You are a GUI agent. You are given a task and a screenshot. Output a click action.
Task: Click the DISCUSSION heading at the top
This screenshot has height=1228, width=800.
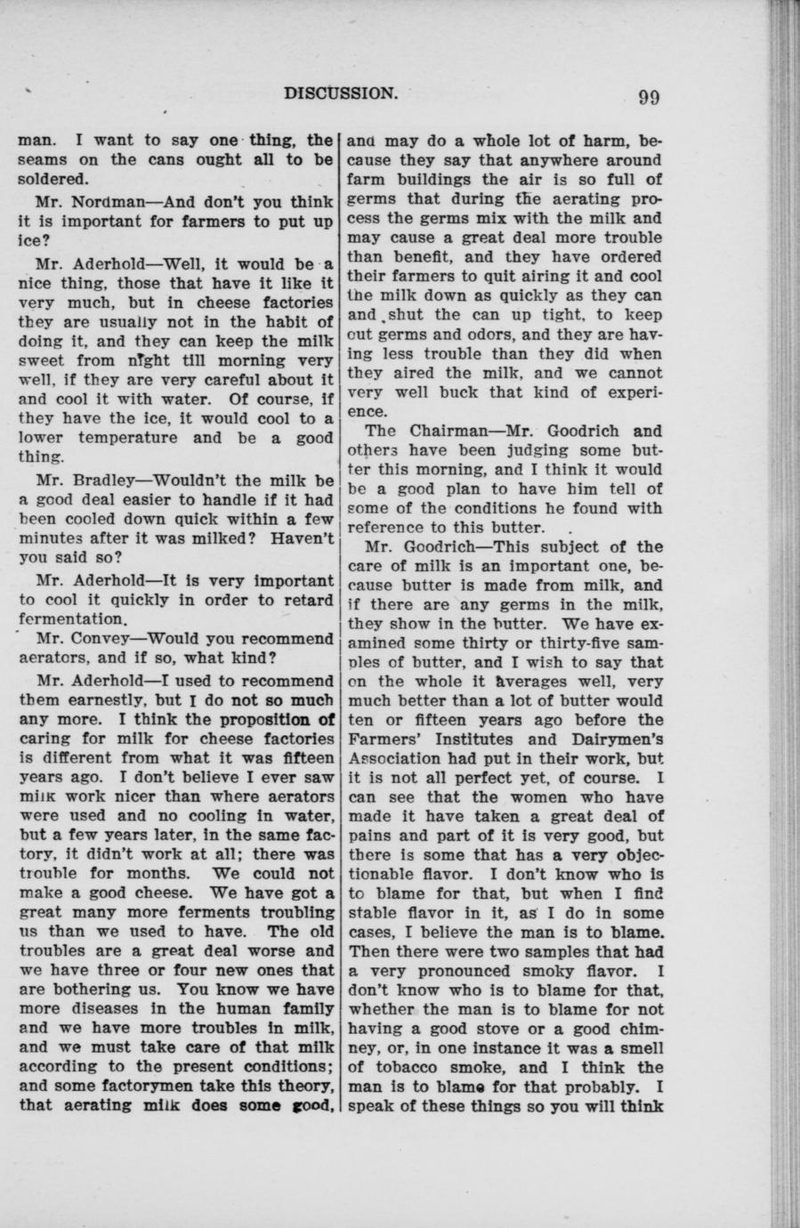tap(341, 93)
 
